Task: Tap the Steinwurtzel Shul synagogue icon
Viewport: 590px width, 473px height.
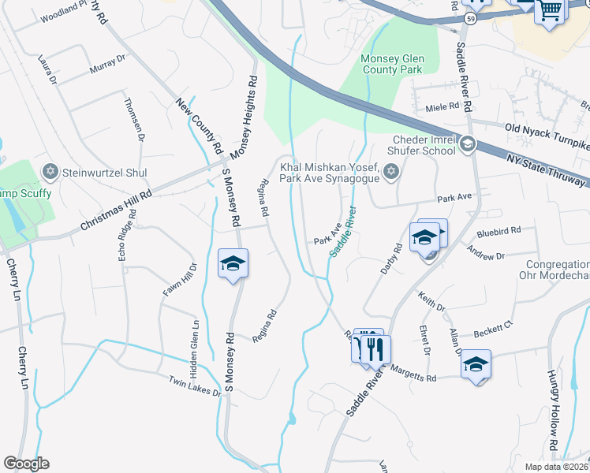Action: point(50,171)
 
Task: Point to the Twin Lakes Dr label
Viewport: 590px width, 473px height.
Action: point(195,386)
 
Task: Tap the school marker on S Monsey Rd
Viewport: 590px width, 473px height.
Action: point(233,263)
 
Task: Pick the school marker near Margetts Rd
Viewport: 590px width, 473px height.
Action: point(476,363)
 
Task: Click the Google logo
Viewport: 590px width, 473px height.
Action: point(26,464)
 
